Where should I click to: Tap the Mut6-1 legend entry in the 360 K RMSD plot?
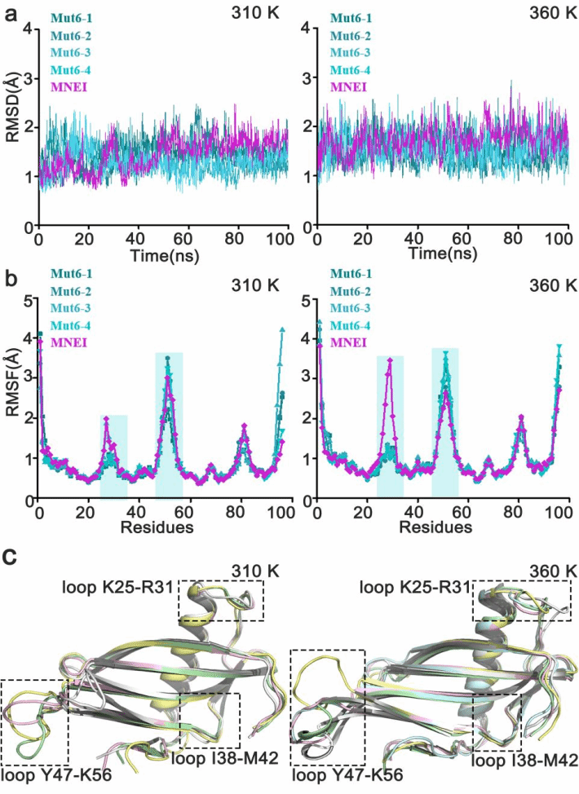pyautogui.click(x=352, y=17)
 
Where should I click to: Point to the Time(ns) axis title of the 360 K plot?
pyautogui.click(x=440, y=256)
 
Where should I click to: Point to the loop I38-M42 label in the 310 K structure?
pyautogui.click(x=226, y=758)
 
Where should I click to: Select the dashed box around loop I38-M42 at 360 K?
pyautogui.click(x=497, y=721)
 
